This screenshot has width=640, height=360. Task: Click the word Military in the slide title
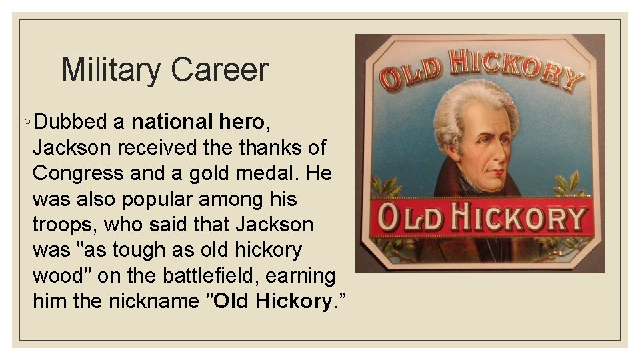[x=111, y=70]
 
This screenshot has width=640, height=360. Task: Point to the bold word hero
[x=243, y=122]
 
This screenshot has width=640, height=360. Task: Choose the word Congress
[x=77, y=173]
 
